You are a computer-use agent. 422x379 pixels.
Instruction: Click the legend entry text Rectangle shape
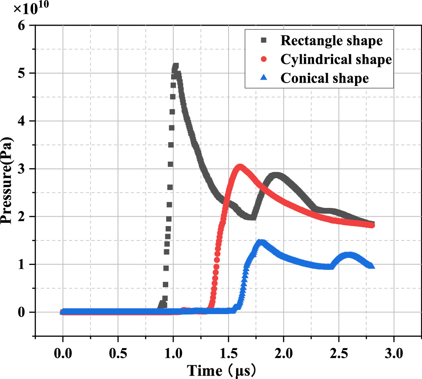tap(331, 41)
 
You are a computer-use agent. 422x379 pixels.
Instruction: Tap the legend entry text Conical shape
tap(324, 78)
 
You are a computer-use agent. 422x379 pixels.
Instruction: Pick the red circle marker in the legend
tap(265, 59)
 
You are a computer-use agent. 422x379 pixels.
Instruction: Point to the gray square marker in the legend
tap(265, 41)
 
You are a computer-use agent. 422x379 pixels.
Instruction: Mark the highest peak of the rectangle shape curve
tap(175, 66)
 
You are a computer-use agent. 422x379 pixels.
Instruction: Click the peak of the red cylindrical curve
tap(240, 167)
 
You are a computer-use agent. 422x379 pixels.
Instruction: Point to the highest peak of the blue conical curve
tap(260, 242)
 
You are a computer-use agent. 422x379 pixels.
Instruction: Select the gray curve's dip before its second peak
tap(251, 217)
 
